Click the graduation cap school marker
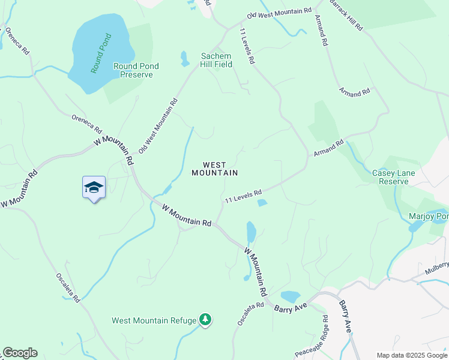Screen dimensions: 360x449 click(x=94, y=188)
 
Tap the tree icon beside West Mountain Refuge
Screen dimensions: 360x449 click(x=205, y=319)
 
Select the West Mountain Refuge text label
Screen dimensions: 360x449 click(x=154, y=320)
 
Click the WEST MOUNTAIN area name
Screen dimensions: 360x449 click(x=214, y=169)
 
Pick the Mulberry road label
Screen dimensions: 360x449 click(x=438, y=268)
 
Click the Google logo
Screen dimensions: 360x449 click(x=20, y=353)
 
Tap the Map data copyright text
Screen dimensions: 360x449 click(x=412, y=355)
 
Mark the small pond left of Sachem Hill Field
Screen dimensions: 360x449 click(x=185, y=58)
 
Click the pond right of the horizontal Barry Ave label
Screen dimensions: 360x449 click(x=291, y=296)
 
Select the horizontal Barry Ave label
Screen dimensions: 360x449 click(x=291, y=307)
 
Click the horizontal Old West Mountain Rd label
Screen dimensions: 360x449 click(x=279, y=12)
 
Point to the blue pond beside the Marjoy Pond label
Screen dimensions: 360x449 click(x=415, y=227)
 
